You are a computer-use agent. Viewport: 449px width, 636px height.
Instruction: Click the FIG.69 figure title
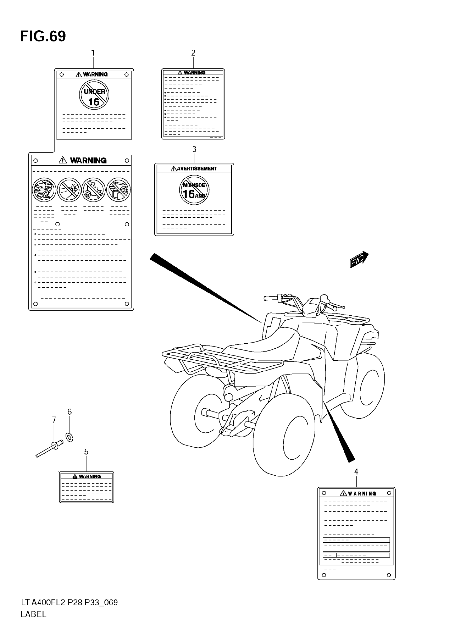click(43, 36)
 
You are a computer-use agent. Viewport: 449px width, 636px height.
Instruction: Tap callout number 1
click(93, 53)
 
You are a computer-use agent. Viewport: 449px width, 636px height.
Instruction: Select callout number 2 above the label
click(193, 53)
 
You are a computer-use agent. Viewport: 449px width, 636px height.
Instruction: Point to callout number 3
click(194, 149)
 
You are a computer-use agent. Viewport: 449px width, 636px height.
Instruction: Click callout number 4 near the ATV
click(356, 471)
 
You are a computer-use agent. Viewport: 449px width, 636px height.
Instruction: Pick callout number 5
click(86, 452)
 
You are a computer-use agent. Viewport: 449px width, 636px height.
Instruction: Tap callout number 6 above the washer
click(69, 412)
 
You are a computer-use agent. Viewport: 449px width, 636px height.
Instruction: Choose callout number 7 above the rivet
click(54, 420)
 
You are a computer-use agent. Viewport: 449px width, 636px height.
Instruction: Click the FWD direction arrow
click(359, 260)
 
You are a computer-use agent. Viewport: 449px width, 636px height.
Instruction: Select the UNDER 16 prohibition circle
click(94, 95)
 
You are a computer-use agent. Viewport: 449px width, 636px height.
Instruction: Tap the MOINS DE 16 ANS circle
click(194, 190)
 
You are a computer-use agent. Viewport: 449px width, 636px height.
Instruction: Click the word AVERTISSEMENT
click(197, 169)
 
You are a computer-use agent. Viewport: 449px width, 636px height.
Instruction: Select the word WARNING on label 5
click(90, 476)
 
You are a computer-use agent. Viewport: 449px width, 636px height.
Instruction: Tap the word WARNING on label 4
click(362, 493)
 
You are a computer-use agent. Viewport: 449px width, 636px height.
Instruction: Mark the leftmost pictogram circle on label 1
click(44, 190)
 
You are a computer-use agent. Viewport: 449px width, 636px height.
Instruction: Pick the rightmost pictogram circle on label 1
click(119, 190)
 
